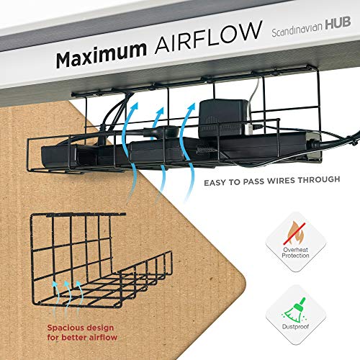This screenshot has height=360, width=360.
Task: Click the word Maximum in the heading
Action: point(101,55)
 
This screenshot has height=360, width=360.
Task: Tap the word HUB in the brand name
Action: point(338,24)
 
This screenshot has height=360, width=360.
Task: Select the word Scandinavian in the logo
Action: point(297,30)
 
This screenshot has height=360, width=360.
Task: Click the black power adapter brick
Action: point(223,118)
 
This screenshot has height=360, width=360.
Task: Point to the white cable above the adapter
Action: point(255,91)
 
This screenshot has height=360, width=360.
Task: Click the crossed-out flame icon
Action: point(294,233)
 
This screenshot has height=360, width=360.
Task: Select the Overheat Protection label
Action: point(295,253)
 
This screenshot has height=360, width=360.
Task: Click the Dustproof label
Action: point(295,327)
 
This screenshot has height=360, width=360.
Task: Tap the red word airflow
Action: point(103,337)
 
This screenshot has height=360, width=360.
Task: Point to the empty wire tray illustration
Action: point(101,261)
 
